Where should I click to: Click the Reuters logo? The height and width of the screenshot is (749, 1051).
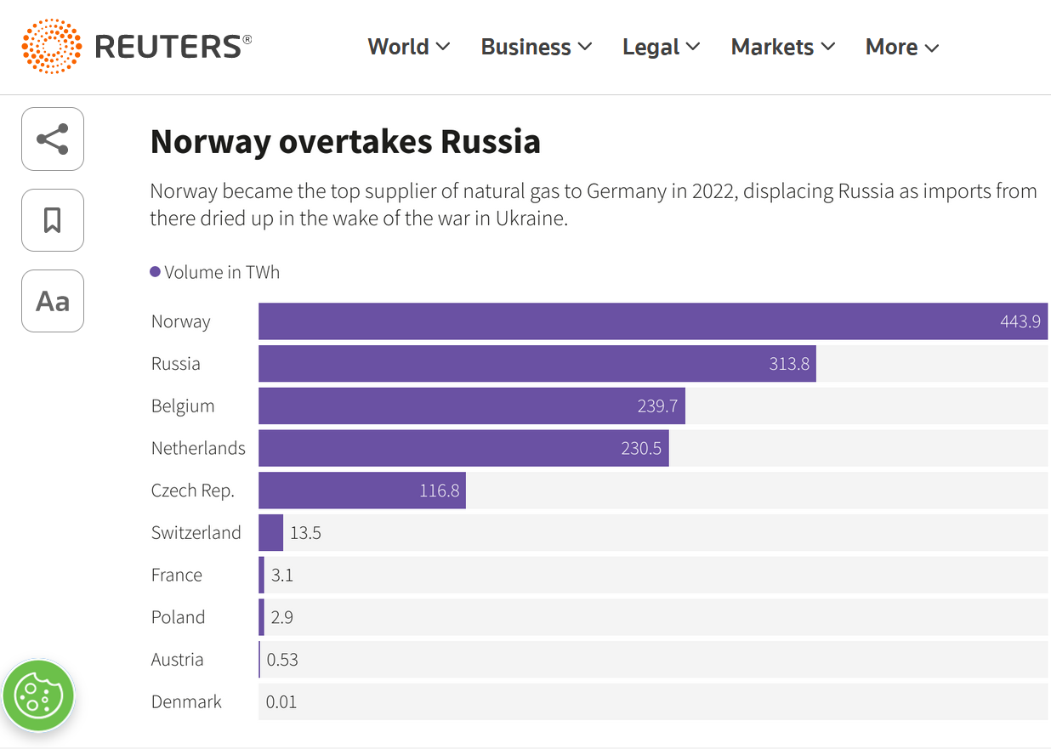point(136,46)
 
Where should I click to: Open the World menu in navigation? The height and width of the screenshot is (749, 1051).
point(408,47)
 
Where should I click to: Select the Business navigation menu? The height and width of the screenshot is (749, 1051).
point(536,47)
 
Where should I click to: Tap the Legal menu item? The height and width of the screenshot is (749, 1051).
point(661,47)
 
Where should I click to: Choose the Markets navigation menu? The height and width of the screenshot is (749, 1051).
point(782,47)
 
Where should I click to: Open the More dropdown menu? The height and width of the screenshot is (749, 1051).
point(901,47)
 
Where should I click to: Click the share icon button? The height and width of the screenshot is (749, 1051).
point(53,139)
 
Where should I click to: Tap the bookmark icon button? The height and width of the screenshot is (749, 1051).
point(53,220)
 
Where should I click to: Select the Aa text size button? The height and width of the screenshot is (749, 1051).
point(53,301)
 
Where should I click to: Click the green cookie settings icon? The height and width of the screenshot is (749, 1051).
point(38,695)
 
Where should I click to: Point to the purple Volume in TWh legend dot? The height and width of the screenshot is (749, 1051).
point(155,272)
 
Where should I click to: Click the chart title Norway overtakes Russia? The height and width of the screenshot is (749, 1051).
point(345,142)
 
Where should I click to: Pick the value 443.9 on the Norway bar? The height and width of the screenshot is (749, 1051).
point(1020,322)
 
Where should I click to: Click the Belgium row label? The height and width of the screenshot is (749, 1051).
point(183,406)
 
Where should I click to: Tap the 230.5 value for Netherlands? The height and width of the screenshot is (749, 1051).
point(641,448)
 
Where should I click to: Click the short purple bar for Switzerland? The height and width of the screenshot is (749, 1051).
point(271,533)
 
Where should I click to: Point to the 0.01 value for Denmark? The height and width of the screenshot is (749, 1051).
point(281,702)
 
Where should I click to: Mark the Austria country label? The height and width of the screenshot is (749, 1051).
point(178,660)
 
